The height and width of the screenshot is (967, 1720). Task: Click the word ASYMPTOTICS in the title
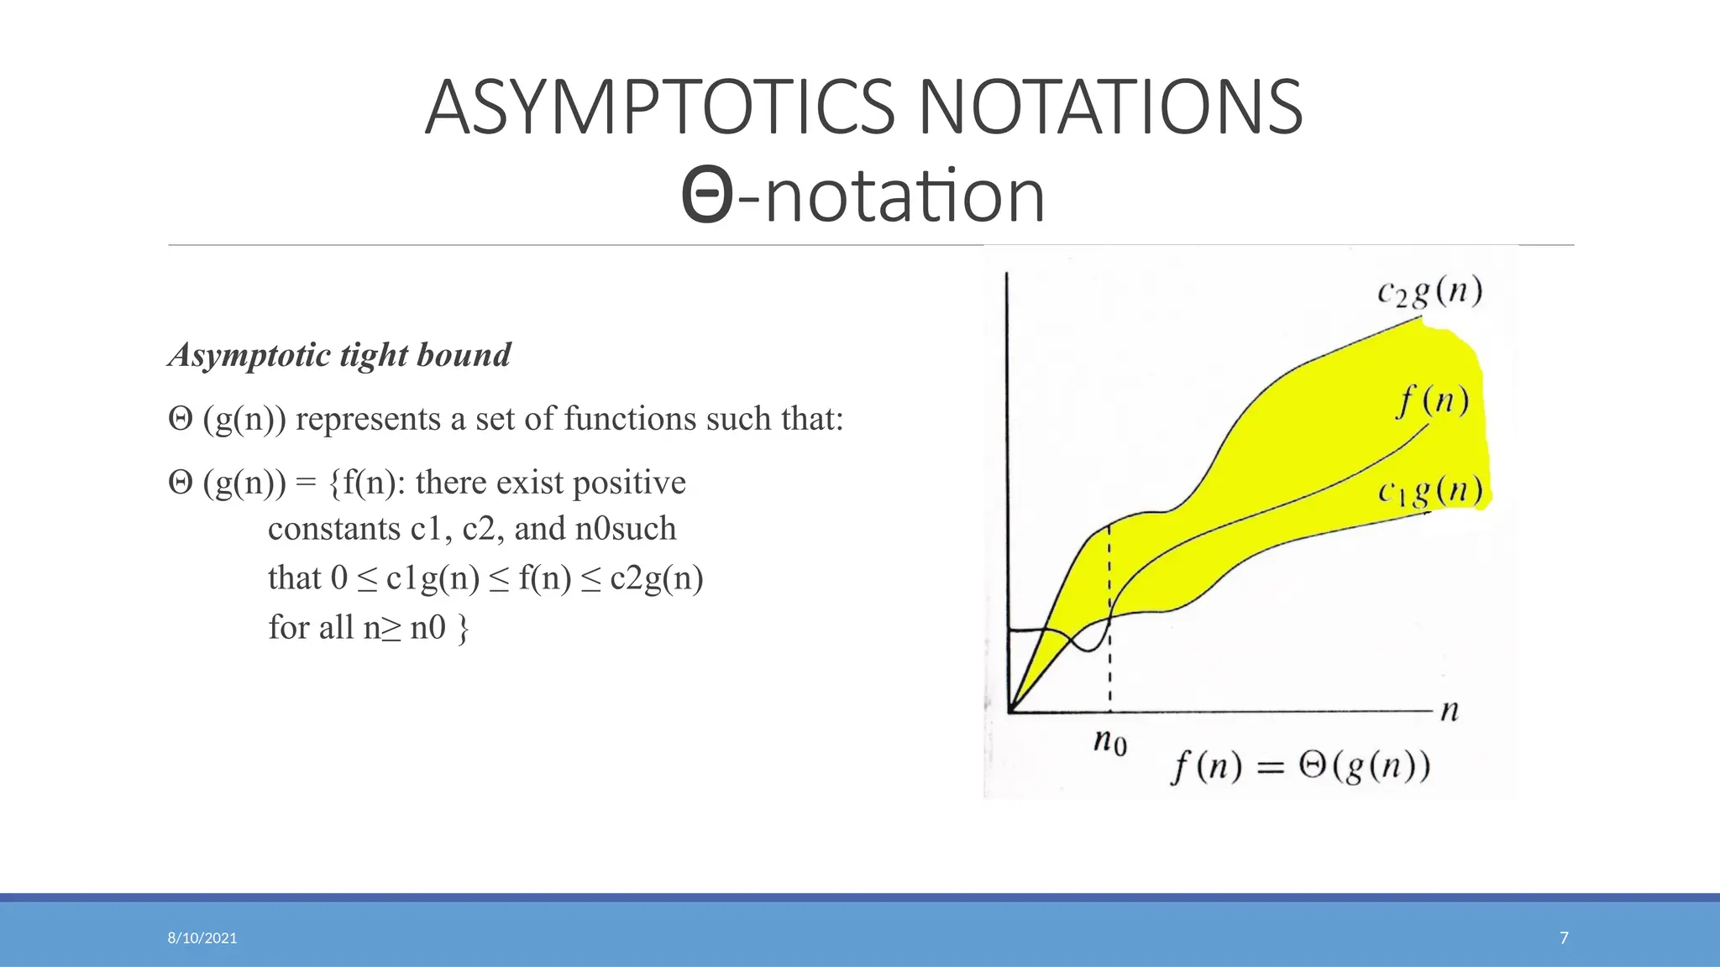tap(660, 107)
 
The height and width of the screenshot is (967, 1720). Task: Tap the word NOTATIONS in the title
tap(1109, 107)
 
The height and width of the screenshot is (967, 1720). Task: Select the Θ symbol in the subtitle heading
tap(707, 196)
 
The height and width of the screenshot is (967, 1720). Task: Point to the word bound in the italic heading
tap(464, 355)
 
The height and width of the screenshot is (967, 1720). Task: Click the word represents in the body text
tap(368, 419)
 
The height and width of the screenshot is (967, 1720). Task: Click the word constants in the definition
tap(333, 529)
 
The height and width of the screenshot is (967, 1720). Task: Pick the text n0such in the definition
tap(626, 529)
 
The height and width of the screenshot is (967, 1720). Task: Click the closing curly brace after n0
tap(463, 628)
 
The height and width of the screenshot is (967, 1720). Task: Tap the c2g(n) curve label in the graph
tap(1429, 292)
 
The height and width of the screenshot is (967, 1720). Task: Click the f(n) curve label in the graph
tap(1433, 400)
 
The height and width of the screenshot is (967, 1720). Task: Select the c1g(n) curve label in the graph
tap(1429, 490)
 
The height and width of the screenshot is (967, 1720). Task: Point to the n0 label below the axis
tap(1109, 741)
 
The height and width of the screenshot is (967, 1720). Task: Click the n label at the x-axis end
tap(1450, 711)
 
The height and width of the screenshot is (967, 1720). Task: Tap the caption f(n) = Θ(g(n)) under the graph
tap(1300, 766)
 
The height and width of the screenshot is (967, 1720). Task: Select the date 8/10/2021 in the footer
tap(202, 938)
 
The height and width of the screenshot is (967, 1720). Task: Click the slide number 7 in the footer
tap(1564, 938)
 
